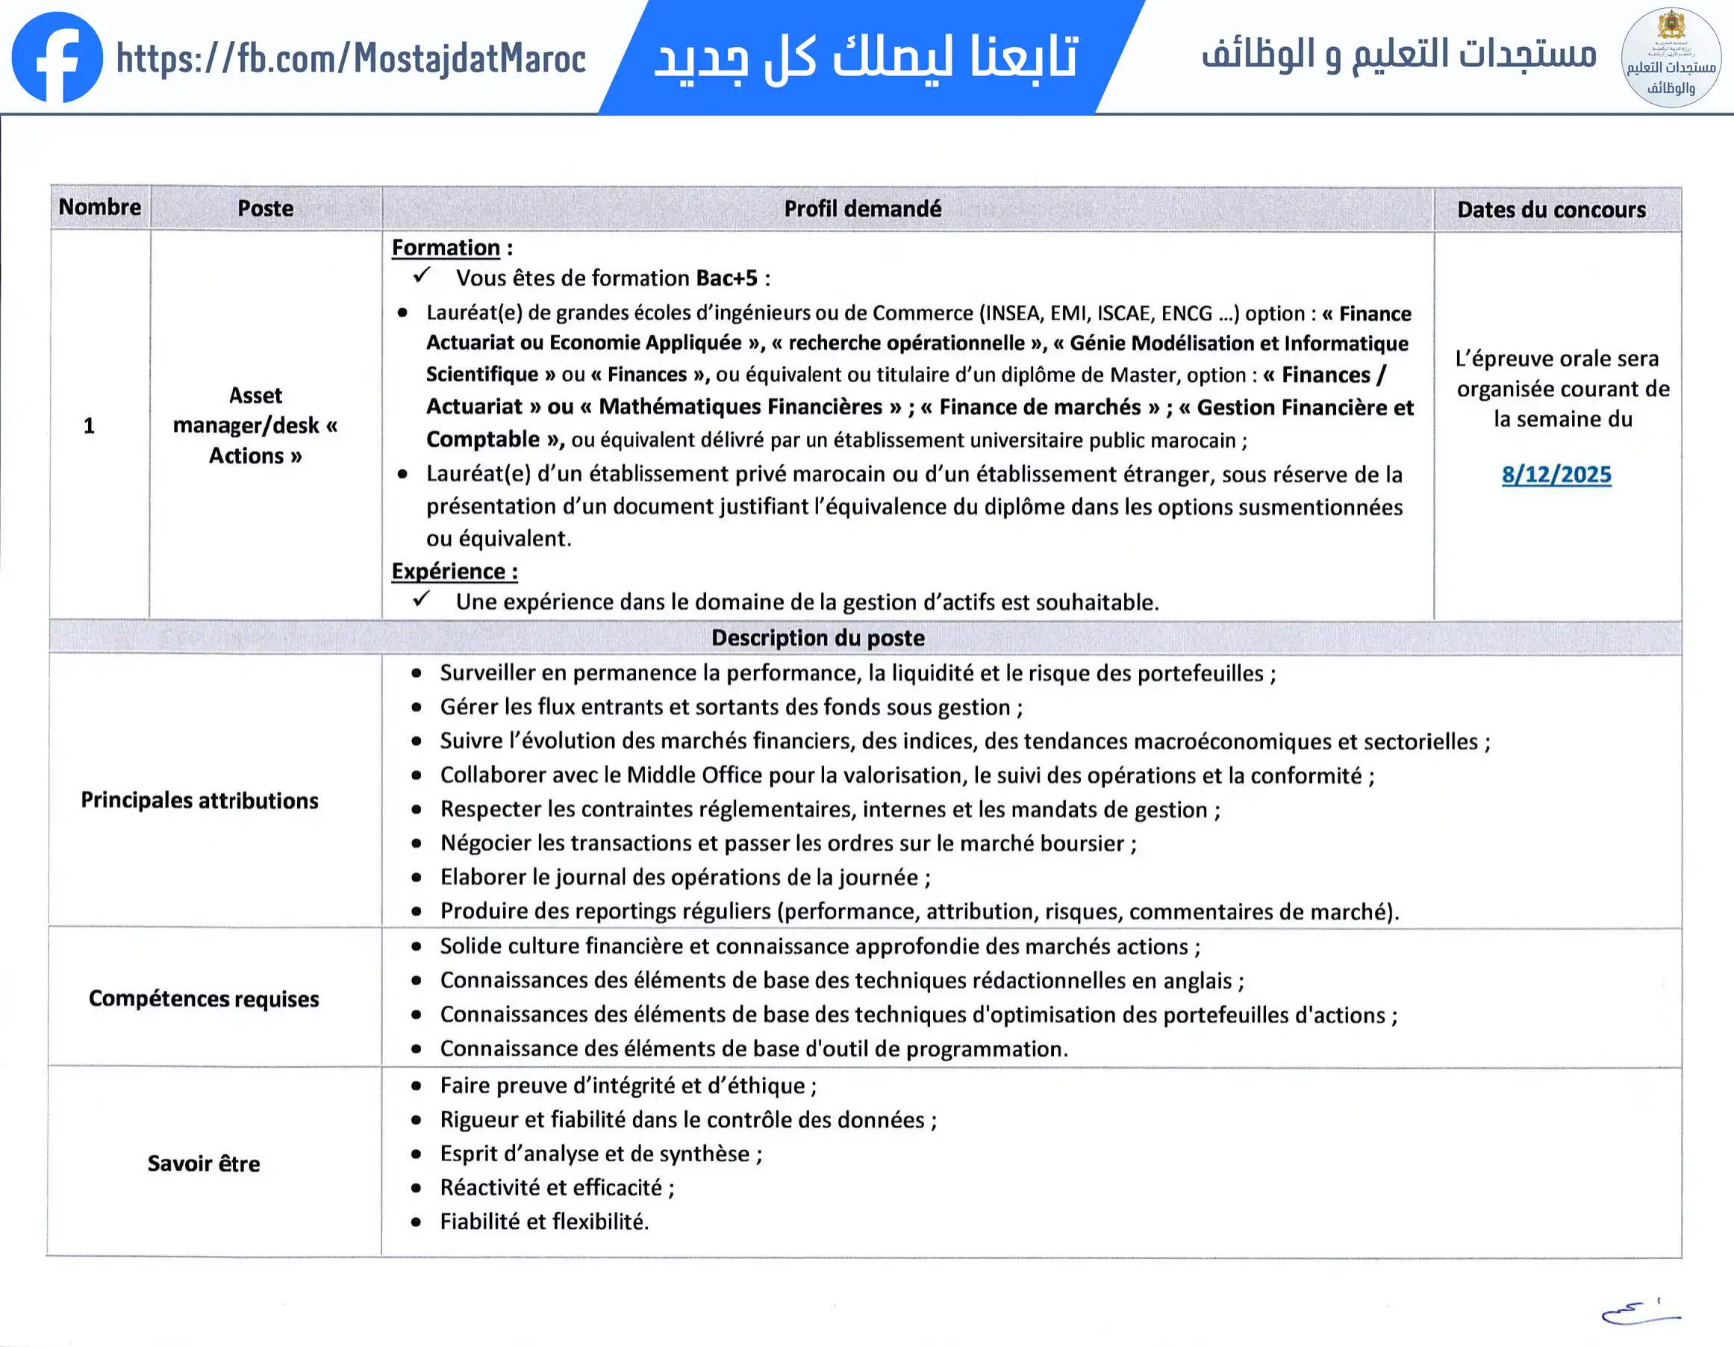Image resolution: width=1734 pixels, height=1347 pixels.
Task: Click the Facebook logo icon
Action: (x=57, y=57)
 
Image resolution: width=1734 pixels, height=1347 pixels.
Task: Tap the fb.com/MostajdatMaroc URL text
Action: (x=351, y=59)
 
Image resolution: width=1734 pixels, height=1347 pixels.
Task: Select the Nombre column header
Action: (x=100, y=207)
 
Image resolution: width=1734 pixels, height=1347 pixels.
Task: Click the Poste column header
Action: (x=265, y=209)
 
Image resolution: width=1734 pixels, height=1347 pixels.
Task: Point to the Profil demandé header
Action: (x=862, y=209)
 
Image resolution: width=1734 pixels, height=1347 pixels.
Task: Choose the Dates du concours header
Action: (x=1550, y=210)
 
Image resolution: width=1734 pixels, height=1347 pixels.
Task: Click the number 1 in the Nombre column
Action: (x=89, y=426)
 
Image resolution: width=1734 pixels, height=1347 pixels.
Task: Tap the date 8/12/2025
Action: (x=1556, y=475)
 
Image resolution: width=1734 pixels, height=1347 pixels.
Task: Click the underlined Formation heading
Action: (x=446, y=248)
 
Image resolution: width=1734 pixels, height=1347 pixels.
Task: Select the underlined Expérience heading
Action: (x=453, y=572)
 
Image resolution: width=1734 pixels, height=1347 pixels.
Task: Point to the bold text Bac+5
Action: (x=726, y=278)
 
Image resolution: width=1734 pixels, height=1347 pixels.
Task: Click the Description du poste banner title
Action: (x=818, y=638)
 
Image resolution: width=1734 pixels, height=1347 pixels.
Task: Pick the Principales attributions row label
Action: (x=199, y=800)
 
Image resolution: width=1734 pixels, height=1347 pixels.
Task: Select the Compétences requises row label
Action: (x=203, y=998)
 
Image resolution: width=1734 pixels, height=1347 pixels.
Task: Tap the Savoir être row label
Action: (x=203, y=1163)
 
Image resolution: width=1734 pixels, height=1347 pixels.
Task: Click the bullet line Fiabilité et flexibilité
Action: (x=544, y=1222)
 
